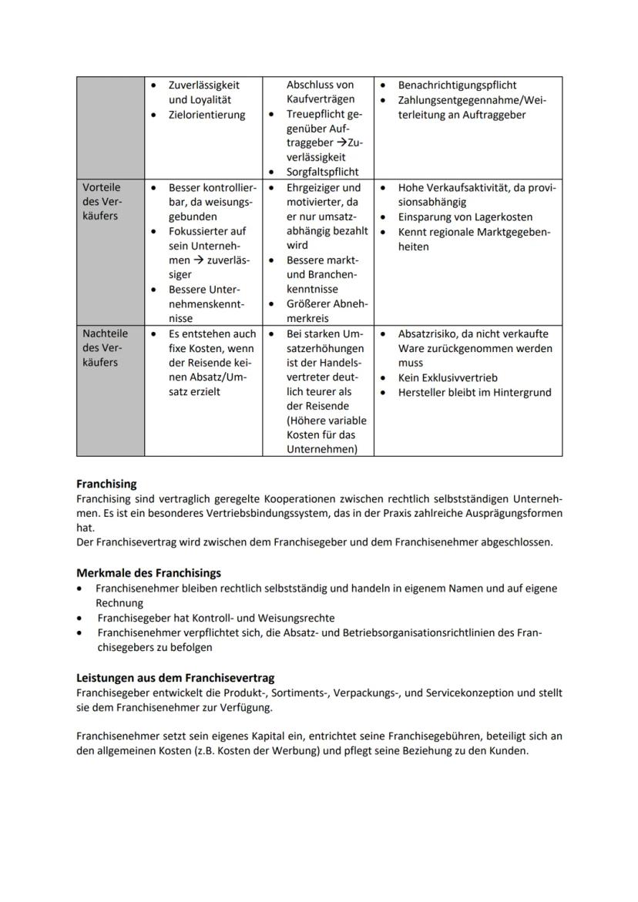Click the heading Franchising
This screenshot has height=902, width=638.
(x=106, y=484)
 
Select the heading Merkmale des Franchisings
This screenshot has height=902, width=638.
(x=149, y=573)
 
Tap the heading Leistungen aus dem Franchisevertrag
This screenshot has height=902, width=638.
(x=175, y=678)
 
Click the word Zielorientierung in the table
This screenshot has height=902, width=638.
(x=207, y=115)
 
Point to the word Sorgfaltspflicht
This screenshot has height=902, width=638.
(x=322, y=173)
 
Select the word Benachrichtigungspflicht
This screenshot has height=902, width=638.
(x=457, y=85)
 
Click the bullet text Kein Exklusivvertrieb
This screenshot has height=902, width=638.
(x=448, y=377)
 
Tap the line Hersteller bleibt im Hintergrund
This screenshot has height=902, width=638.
(x=474, y=392)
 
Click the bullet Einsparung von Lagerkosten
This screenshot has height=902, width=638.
(x=465, y=217)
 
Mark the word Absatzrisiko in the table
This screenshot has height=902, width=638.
(x=428, y=334)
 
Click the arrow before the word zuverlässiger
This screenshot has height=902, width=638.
(x=200, y=260)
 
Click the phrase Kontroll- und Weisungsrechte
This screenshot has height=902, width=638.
(x=263, y=618)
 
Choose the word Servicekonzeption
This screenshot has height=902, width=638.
(x=465, y=692)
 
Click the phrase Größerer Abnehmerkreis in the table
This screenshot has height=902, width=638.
(x=326, y=310)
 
